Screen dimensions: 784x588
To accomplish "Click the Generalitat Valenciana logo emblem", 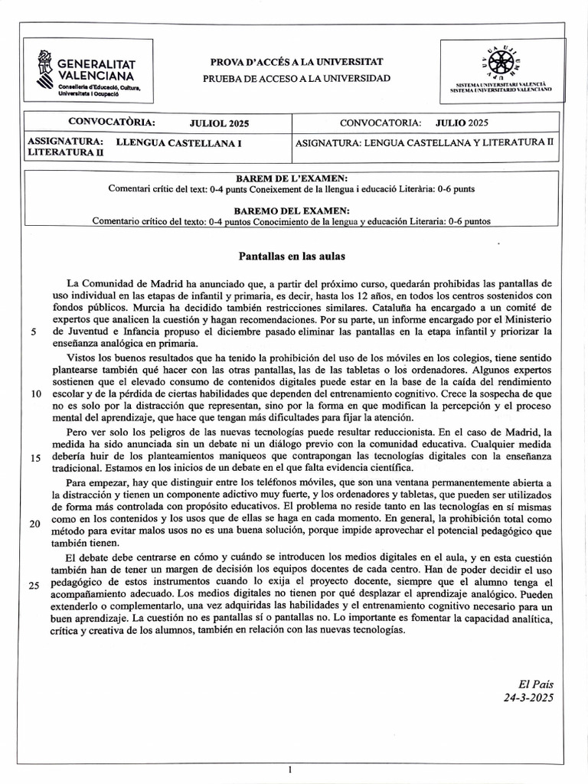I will click(44, 68).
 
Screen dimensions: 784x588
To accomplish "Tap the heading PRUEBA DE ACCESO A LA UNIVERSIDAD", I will click(296, 78).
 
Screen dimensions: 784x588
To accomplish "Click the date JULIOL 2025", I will click(219, 123).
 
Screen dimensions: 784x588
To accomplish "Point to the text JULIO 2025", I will click(462, 122).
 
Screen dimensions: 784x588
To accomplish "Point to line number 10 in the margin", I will click(36, 394).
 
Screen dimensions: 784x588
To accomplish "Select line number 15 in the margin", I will click(36, 457).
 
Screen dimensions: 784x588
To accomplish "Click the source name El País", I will click(535, 684).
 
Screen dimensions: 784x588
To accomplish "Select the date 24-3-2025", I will click(528, 697).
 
